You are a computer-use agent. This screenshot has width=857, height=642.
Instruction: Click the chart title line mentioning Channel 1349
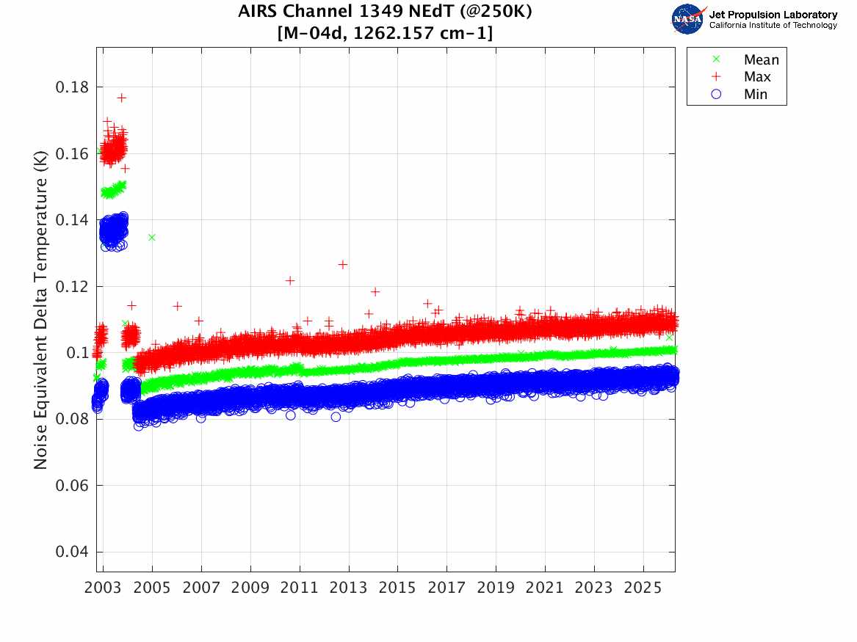coord(385,12)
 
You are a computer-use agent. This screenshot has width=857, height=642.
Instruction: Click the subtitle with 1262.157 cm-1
coord(385,33)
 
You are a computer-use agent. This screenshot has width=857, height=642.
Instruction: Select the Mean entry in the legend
coord(761,60)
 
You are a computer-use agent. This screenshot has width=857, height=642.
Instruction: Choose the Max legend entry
coord(757,77)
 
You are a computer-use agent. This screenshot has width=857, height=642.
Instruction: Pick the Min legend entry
coord(756,95)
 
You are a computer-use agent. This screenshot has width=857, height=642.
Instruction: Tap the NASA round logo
coord(688,19)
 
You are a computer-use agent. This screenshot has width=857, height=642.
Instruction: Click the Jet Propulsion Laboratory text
coord(773,15)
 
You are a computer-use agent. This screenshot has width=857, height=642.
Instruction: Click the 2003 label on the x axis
coord(104,588)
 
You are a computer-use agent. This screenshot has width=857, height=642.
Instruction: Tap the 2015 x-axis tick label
coord(398,588)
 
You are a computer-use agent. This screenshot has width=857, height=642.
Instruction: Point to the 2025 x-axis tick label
coord(643,588)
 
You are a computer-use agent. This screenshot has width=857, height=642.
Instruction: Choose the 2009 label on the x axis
coord(250,588)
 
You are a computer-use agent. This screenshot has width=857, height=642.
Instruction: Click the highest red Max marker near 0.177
coord(122,98)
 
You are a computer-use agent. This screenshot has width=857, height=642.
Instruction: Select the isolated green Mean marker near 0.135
coord(152,237)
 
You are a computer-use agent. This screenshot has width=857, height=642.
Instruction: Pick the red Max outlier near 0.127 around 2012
coord(342,264)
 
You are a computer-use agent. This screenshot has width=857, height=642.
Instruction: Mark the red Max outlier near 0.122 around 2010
coord(290,280)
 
